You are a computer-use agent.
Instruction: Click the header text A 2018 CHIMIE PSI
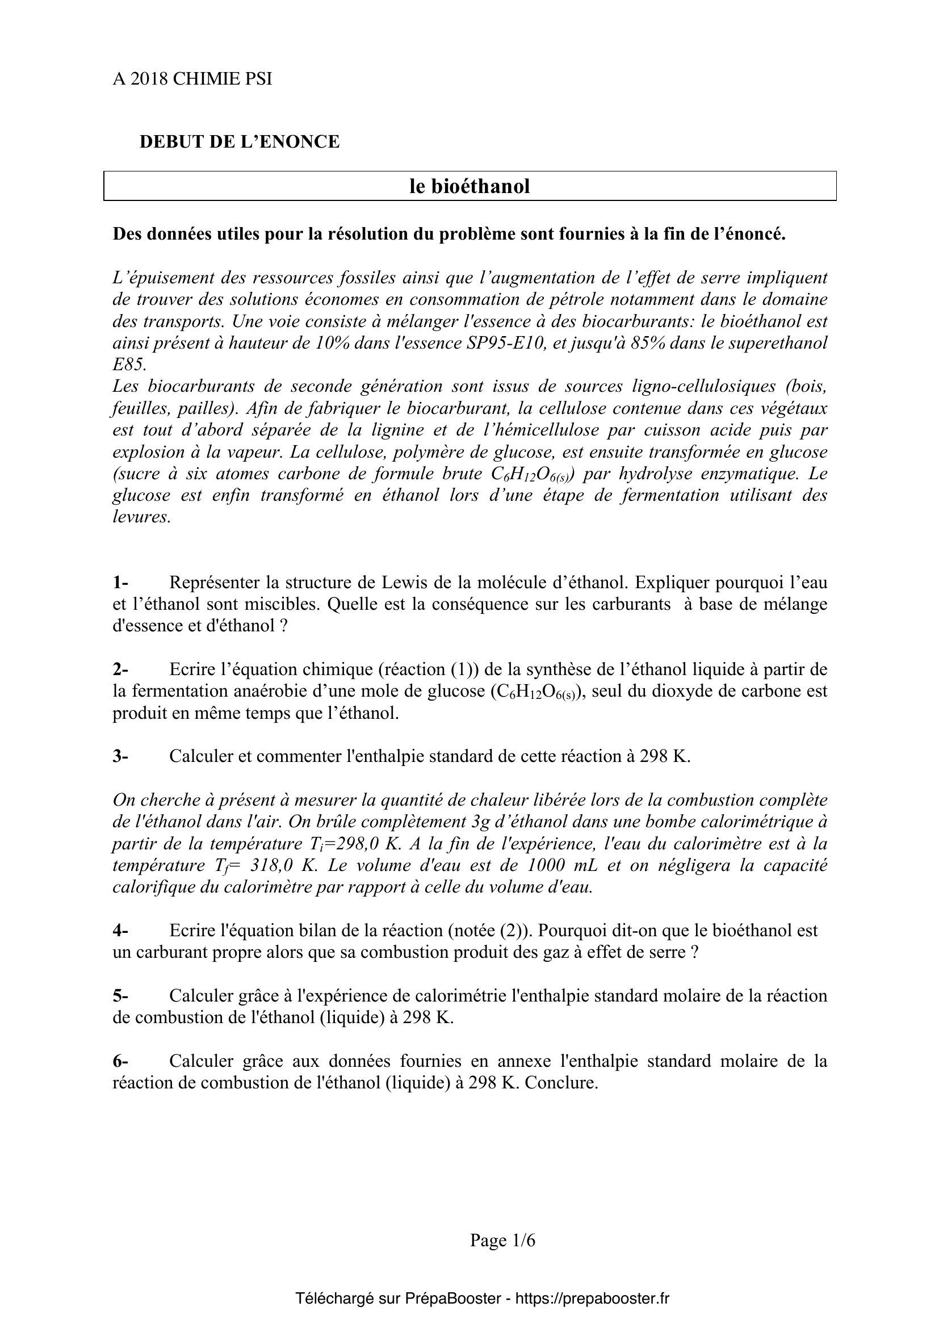[x=192, y=79]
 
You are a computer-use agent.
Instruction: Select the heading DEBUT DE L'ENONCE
[x=240, y=142]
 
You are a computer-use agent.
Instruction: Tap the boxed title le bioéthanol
[x=469, y=186]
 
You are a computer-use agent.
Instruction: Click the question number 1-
[x=120, y=582]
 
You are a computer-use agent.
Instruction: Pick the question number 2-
[x=120, y=669]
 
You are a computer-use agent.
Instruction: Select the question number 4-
[x=120, y=931]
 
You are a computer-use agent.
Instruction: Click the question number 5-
[x=120, y=996]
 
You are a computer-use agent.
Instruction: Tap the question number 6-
[x=120, y=1061]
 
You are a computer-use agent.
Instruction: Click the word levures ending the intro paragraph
[x=142, y=517]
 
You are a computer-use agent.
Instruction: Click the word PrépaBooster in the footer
[x=452, y=1299]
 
